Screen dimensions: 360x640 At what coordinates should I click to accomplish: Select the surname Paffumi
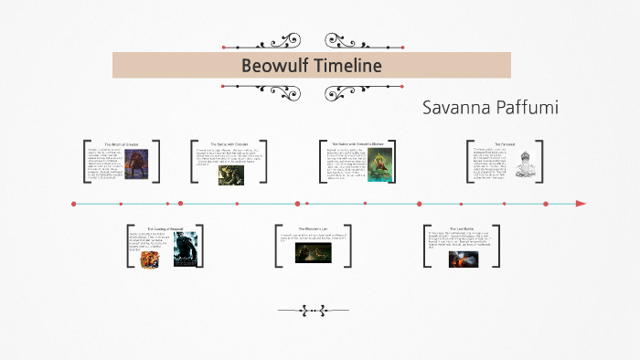[x=527, y=108]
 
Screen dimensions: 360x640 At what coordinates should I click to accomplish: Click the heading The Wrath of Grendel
[x=121, y=144]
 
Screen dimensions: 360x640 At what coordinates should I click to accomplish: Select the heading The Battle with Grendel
[x=224, y=144]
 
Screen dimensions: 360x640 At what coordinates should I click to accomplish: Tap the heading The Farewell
[x=504, y=144]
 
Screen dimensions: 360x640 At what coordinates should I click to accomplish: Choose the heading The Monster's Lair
[x=314, y=228]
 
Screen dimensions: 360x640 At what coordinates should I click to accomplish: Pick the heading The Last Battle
[x=463, y=228]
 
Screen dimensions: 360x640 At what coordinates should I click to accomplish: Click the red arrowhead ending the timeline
[x=581, y=203]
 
